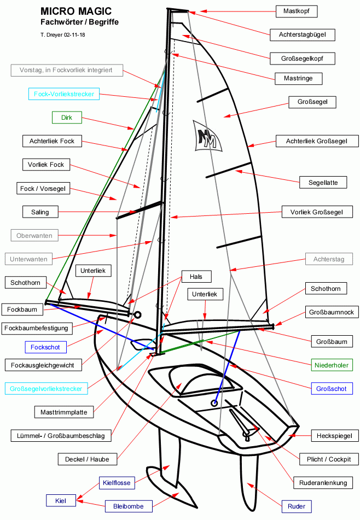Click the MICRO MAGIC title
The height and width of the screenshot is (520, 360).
coord(76,11)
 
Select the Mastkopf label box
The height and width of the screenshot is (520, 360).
coord(296,11)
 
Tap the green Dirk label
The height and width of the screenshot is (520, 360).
coord(67,117)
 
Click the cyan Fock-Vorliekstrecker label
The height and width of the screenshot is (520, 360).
coord(64,94)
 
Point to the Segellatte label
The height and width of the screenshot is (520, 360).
coord(323,182)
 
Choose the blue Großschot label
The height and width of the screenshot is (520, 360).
coord(331,389)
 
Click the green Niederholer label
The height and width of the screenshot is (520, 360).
coord(332,365)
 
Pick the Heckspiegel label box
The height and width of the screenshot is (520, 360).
coord(331,436)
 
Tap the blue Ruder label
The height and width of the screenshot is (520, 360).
coord(297,506)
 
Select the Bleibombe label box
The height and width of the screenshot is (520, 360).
coord(128,506)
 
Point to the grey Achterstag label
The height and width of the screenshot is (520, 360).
coord(329,259)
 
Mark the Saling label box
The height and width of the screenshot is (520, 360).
coord(40,212)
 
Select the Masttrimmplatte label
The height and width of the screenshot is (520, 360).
coord(64,412)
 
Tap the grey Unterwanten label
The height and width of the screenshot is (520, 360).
coord(29,259)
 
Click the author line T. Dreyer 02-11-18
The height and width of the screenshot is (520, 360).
coord(63,35)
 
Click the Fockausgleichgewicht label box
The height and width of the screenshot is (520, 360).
coord(47,365)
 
